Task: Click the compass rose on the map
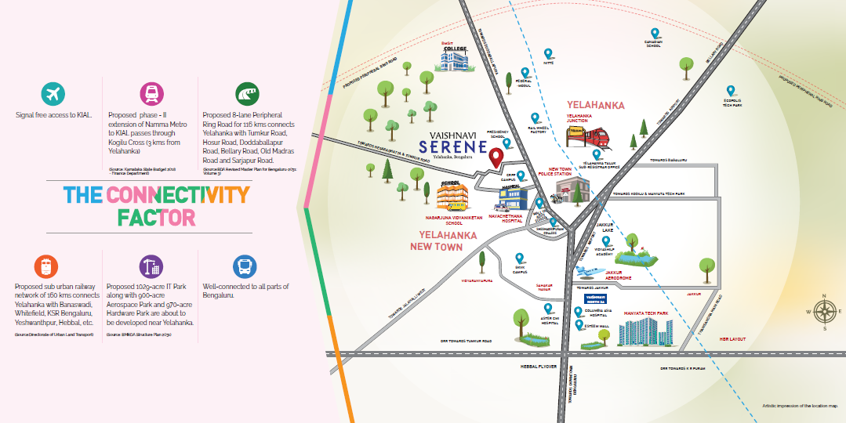tap(824, 311)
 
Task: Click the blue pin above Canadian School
tap(654, 34)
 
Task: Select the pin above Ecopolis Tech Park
tap(731, 91)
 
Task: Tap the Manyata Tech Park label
tap(646, 313)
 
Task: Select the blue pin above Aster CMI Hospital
tap(548, 309)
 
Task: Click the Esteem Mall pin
tap(579, 324)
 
